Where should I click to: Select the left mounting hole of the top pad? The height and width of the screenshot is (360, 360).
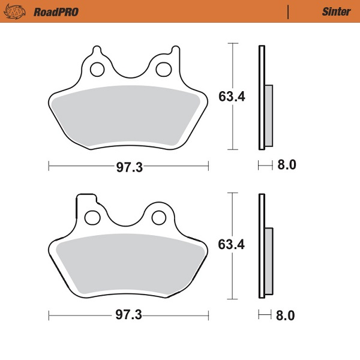click(x=97, y=70)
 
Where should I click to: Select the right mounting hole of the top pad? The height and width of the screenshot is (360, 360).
click(x=162, y=70)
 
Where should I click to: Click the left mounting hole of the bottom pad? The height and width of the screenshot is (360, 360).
click(x=92, y=217)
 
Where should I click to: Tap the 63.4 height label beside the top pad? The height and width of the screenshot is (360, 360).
click(x=231, y=96)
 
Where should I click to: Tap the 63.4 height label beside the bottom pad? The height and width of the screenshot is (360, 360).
click(x=231, y=245)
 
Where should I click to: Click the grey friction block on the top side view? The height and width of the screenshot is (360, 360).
click(x=268, y=115)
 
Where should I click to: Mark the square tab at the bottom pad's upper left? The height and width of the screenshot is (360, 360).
click(x=84, y=200)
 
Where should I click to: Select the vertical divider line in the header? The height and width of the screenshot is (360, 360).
click(x=289, y=11)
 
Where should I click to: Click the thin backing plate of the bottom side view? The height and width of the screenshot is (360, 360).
click(x=261, y=246)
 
